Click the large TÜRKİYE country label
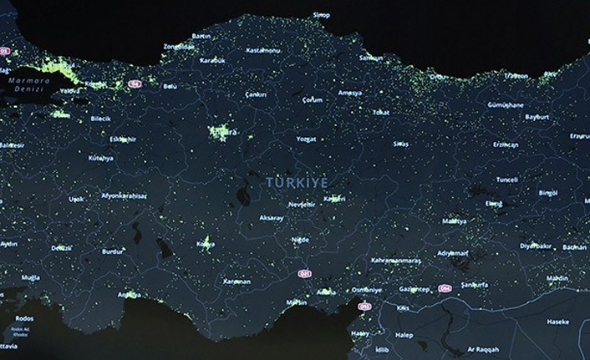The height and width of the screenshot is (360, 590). tap(298, 181)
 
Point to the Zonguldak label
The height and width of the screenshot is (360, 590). tap(179, 46)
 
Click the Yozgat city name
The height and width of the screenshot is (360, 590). tap(307, 139)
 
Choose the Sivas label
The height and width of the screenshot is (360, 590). tap(401, 144)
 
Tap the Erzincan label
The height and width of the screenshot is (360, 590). tap(506, 144)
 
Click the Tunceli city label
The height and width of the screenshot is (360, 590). tap(507, 180)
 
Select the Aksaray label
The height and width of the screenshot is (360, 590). tap(272, 218)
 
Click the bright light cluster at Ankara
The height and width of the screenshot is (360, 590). tap(222, 132)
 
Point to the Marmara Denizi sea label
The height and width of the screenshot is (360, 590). tap(27, 84)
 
